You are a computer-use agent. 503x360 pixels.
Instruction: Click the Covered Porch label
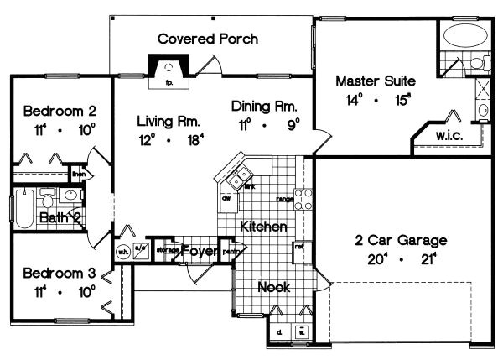coord(207,39)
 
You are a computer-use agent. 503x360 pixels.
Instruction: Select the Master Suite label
coord(375,81)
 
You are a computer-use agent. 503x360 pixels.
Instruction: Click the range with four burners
coord(304,199)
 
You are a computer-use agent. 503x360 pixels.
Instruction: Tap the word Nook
coord(274,287)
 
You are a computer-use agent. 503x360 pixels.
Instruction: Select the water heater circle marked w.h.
coord(122,249)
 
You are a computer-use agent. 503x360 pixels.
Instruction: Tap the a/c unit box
coord(140,249)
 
